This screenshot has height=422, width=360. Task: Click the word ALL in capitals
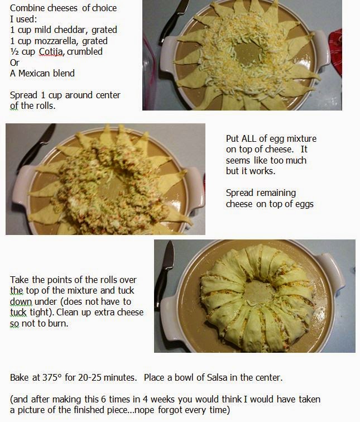point(249,138)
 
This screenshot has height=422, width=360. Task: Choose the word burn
point(57,323)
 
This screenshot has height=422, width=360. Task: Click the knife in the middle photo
point(35,148)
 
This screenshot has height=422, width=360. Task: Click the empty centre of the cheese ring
point(247,53)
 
